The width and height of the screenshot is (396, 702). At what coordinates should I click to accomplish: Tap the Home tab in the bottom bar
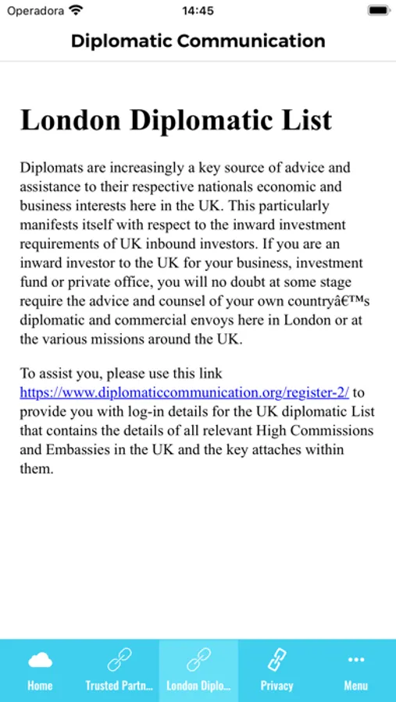40,671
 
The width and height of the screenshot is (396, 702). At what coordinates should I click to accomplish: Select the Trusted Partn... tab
119,671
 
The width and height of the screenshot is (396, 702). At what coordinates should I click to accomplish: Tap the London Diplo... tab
198,671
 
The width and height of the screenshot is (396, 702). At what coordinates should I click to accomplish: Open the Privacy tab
277,671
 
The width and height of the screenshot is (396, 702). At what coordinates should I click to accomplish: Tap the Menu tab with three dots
356,671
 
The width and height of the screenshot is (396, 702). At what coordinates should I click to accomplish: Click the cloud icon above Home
40,661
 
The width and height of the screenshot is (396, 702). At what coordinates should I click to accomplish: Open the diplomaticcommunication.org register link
184,392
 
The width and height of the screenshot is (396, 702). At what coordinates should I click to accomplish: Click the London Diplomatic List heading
177,120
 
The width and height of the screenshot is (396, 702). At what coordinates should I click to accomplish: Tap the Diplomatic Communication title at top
198,41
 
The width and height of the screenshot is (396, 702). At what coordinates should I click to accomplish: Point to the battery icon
379,11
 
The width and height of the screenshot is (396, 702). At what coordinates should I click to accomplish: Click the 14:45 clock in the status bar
198,11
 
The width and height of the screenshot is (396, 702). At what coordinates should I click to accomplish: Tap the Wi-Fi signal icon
76,11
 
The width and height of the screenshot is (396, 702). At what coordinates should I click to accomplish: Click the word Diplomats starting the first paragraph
48,168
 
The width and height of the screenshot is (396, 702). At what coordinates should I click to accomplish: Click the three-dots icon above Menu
356,660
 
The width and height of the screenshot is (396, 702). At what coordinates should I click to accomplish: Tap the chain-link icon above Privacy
277,661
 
